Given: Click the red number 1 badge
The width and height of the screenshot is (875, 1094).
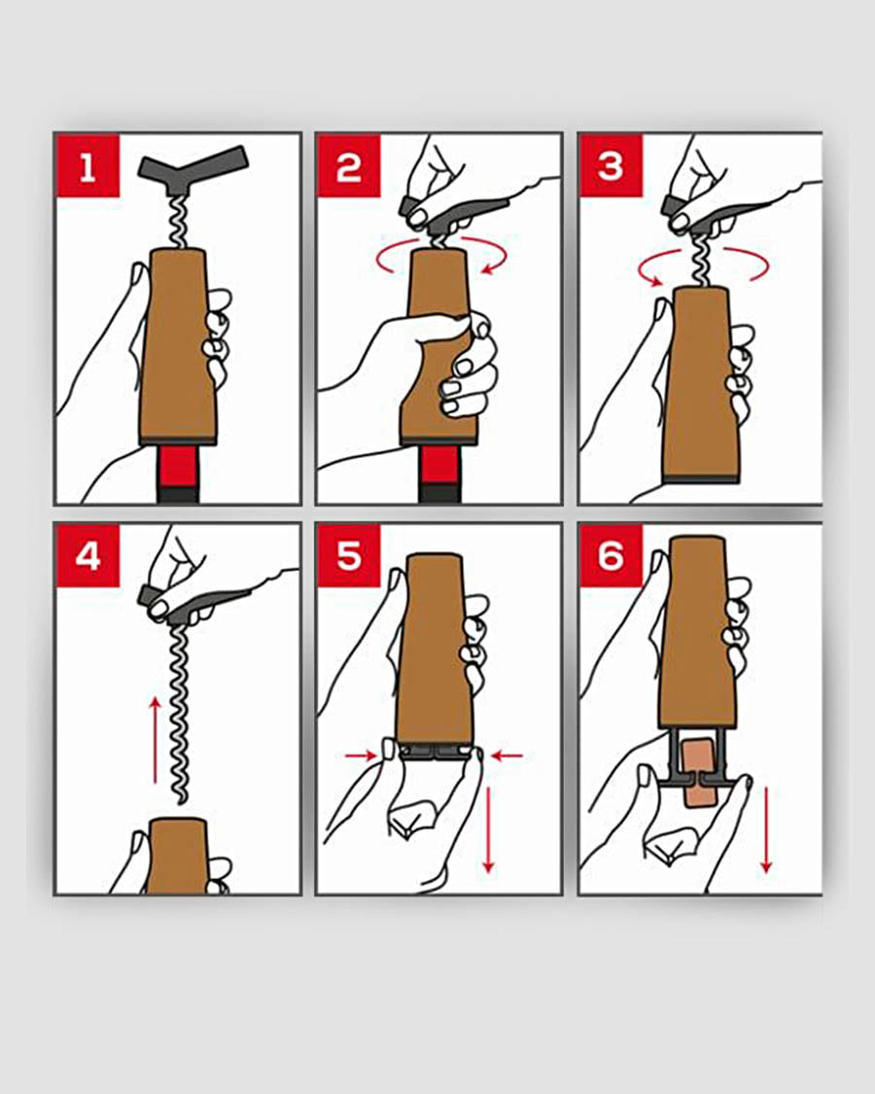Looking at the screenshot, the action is click(x=87, y=166).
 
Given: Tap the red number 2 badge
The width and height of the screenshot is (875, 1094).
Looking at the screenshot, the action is click(x=349, y=166).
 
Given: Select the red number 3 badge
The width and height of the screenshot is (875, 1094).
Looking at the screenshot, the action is click(x=611, y=166).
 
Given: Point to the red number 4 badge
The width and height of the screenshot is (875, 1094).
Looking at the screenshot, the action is click(x=87, y=556).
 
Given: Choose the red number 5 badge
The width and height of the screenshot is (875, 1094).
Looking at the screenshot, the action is click(x=349, y=556).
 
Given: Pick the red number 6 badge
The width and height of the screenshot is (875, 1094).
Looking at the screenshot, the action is click(x=611, y=556).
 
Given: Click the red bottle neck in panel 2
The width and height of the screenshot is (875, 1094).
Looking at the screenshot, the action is click(x=439, y=465).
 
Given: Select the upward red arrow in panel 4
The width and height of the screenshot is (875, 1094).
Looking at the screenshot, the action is click(x=155, y=740).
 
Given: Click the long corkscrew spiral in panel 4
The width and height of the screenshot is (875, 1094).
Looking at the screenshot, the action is click(x=181, y=713).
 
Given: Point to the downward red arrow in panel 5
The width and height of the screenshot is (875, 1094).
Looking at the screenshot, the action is click(x=488, y=829).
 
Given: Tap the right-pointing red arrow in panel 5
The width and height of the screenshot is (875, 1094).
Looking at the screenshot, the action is click(x=361, y=755).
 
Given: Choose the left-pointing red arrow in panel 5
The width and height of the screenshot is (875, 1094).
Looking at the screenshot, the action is click(x=507, y=755).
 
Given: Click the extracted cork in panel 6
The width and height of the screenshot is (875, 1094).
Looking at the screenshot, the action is click(x=700, y=774).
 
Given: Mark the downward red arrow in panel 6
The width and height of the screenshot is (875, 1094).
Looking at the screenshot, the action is click(x=766, y=829).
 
